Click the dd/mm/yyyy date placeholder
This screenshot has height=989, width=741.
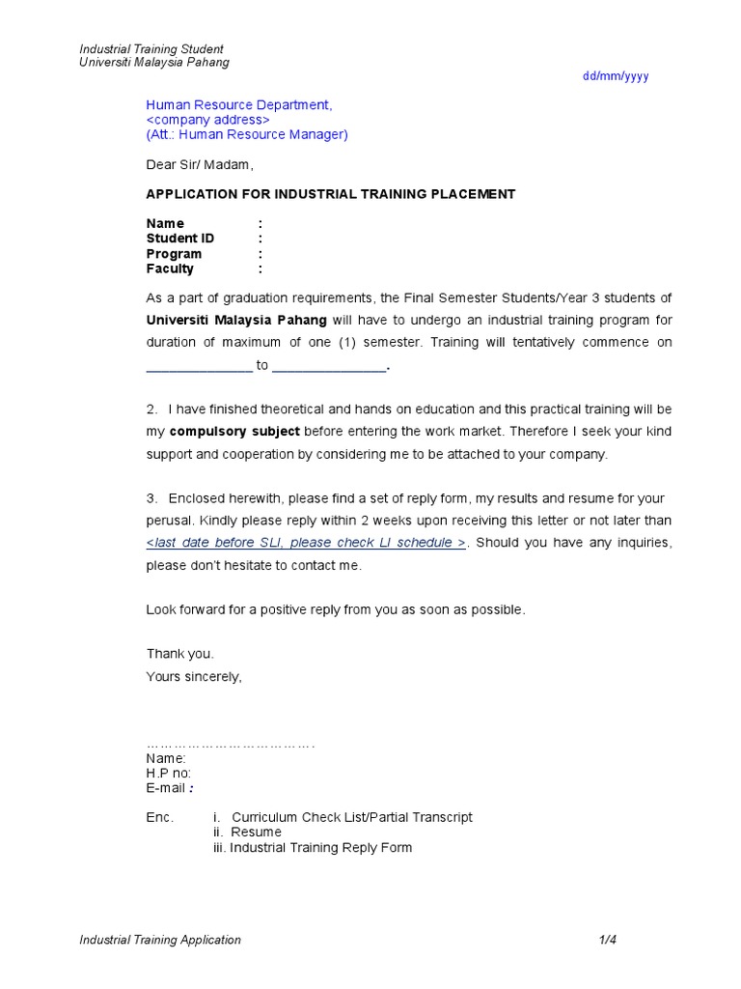pos(616,76)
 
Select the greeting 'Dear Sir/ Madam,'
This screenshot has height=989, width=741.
pos(200,165)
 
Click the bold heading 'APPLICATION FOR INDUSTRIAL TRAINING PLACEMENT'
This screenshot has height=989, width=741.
pos(330,194)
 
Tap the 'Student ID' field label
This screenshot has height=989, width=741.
pos(180,239)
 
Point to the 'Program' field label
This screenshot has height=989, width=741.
pos(174,254)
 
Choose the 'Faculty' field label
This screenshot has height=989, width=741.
pos(170,268)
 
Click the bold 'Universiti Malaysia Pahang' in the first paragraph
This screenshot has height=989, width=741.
pos(236,320)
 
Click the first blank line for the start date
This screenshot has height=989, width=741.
pos(199,366)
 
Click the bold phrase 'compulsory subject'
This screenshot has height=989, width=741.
pos(234,431)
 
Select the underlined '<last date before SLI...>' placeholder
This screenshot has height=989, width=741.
pos(306,543)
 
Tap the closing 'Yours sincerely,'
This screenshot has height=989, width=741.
pos(194,676)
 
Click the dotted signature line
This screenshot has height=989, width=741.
pos(231,745)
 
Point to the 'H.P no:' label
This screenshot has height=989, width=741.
pos(169,774)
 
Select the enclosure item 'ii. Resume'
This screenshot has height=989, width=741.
pos(248,833)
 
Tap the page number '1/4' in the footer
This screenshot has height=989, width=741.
pos(606,940)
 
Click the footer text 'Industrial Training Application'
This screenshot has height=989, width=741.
pos(160,940)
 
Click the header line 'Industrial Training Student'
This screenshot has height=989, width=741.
pos(151,49)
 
